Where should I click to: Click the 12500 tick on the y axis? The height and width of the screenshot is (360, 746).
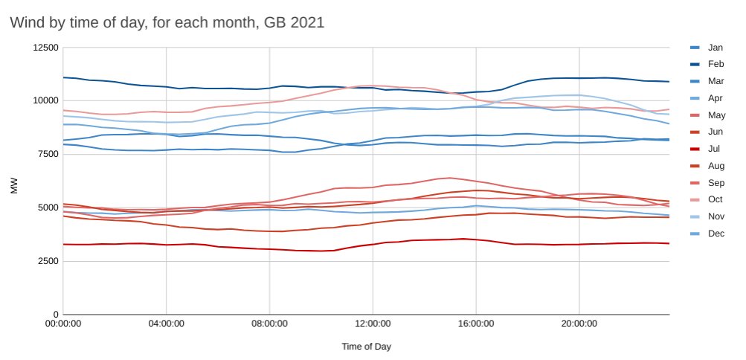(44, 48)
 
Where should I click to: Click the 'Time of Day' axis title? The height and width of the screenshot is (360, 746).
(366, 347)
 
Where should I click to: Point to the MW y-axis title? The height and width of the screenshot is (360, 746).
(13, 187)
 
